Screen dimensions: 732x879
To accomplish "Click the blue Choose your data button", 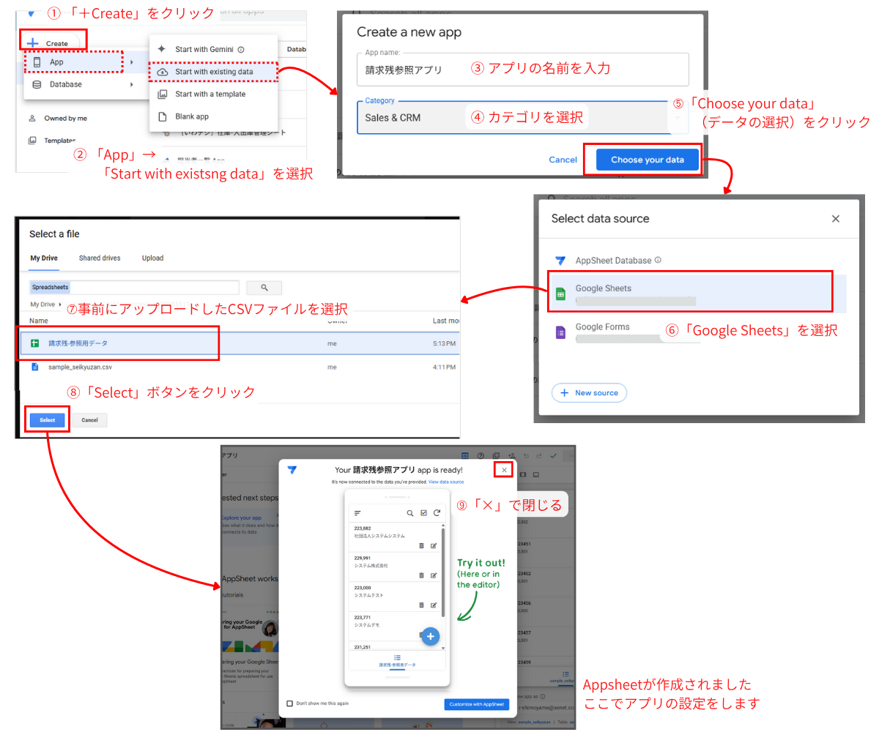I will [x=648, y=160].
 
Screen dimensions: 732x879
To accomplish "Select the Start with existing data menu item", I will [x=213, y=72].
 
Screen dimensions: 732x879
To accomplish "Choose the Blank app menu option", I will [x=191, y=116].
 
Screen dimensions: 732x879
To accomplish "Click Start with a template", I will [x=209, y=94].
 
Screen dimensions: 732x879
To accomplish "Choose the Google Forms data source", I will [x=602, y=327].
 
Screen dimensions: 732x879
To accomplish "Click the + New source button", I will [x=589, y=393].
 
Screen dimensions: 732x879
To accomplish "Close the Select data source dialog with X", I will [x=835, y=219].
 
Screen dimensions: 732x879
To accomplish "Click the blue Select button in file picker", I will [x=48, y=420].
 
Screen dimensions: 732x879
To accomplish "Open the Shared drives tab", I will [x=100, y=258].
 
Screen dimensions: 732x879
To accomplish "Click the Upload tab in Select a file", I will [x=152, y=258].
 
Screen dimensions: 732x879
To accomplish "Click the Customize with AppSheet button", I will [x=476, y=704].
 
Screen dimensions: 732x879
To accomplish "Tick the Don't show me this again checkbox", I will [x=290, y=703].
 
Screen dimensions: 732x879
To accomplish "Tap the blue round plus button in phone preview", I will [x=430, y=635].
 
